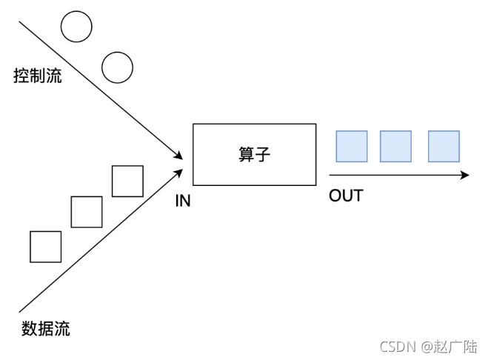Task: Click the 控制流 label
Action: click(38, 76)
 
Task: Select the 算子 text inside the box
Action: click(254, 155)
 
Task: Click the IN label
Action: click(183, 201)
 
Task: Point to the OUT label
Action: click(346, 196)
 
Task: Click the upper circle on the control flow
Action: click(76, 27)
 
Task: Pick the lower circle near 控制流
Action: click(117, 67)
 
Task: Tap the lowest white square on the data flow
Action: click(46, 247)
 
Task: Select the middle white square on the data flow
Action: click(87, 212)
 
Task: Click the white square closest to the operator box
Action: click(127, 181)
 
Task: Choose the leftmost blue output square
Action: click(352, 147)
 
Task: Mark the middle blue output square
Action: click(395, 147)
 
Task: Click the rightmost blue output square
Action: click(444, 147)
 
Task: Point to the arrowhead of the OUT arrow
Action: click(465, 176)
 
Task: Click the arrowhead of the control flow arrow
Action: click(179, 156)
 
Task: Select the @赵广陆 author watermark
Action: click(449, 347)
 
